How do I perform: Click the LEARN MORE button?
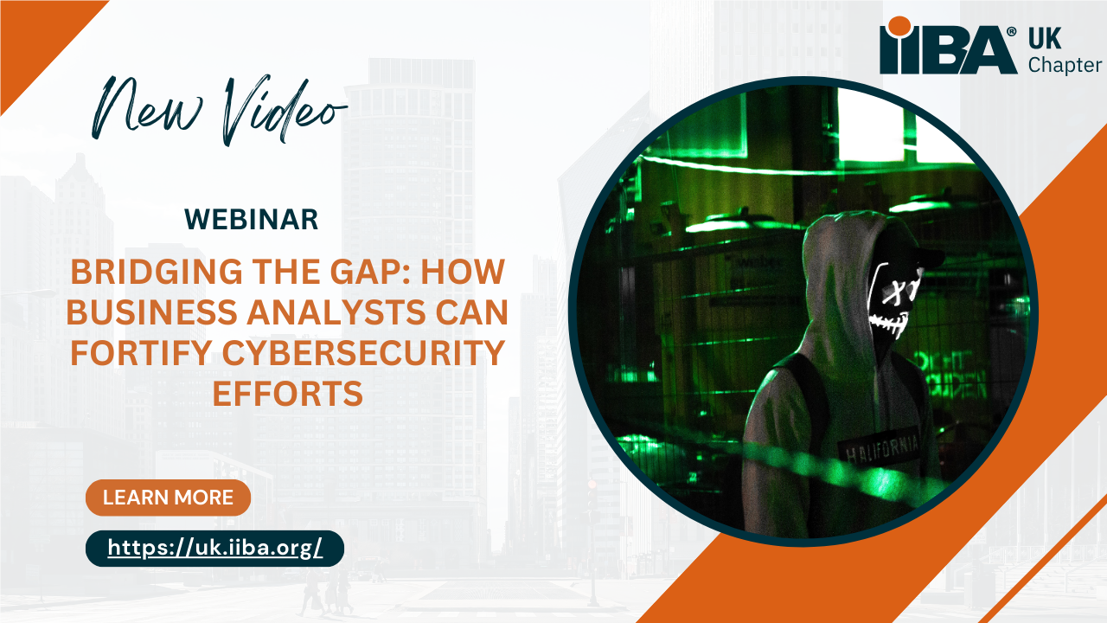pos(168,498)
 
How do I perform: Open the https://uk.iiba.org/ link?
pos(215,549)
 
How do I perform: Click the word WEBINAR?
pos(251,220)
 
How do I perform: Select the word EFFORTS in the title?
pos(288,394)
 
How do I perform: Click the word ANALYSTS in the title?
pos(336,312)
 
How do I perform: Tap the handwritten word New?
pos(147,109)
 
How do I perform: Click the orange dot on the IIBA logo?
pos(899,26)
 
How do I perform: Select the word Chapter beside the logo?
pos(1065,65)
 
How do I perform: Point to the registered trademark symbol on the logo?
pos(1012,32)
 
